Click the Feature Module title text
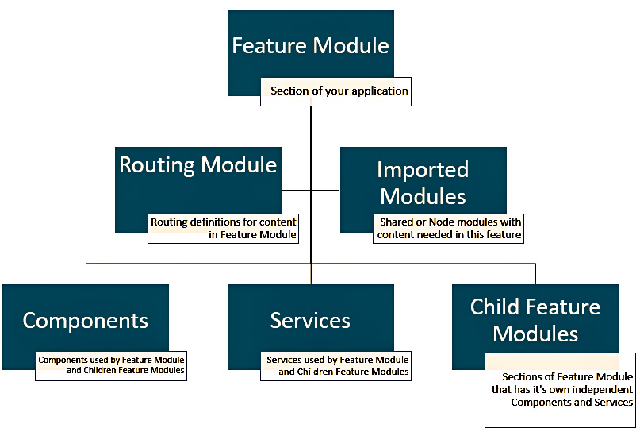310,45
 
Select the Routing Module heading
198,165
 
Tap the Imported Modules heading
423,182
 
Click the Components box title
86,320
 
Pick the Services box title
310,320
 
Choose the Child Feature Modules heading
535,319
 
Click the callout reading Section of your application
339,91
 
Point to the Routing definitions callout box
224,229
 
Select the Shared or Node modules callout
449,229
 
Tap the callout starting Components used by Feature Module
111,365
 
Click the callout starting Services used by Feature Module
337,365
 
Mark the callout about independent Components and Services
561,389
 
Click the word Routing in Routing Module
157,165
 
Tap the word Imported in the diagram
423,169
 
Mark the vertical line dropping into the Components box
86,273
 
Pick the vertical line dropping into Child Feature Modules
535,273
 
